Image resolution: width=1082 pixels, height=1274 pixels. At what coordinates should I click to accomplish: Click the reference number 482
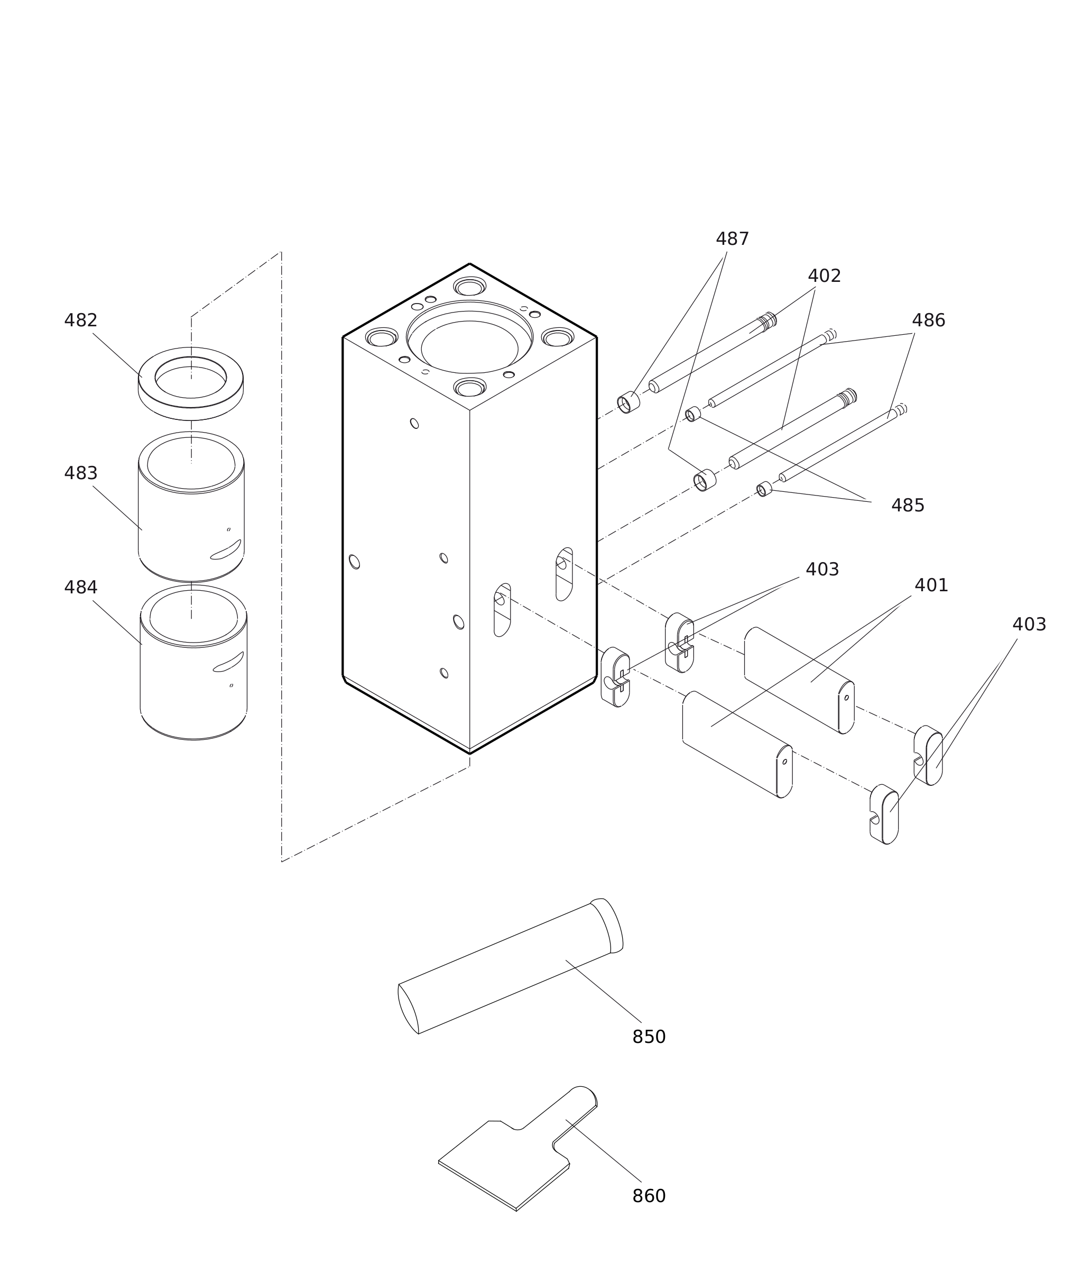[81, 320]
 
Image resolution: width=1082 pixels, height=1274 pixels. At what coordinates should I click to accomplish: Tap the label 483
[81, 473]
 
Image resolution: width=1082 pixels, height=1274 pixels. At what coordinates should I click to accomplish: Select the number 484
[81, 588]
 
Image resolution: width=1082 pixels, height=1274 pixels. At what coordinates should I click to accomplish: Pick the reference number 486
[928, 320]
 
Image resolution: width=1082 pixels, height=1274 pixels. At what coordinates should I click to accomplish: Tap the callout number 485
[908, 506]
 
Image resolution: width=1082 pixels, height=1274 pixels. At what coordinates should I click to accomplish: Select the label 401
[931, 585]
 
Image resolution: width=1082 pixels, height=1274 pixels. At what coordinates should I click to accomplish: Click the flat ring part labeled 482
[147, 393]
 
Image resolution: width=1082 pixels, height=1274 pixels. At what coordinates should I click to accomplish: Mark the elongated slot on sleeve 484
[228, 662]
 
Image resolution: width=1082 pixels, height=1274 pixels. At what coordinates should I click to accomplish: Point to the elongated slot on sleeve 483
[226, 550]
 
